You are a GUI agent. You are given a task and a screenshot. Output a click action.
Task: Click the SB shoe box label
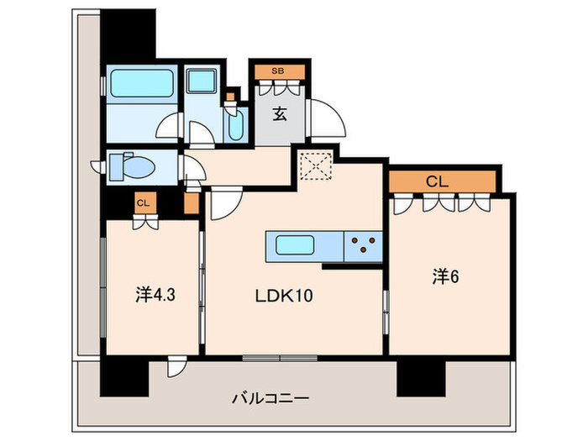tap(276, 71)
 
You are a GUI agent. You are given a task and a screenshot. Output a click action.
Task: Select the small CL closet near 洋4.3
tap(144, 202)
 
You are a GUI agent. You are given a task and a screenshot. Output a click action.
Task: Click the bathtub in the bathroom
tap(140, 84)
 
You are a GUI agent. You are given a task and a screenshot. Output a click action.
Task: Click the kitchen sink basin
tap(291, 247)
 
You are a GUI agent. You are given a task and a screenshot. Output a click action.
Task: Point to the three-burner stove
tap(363, 246)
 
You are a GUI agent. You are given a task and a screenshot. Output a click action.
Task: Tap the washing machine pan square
tap(202, 83)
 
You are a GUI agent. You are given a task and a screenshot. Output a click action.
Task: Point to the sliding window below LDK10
tap(280, 356)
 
